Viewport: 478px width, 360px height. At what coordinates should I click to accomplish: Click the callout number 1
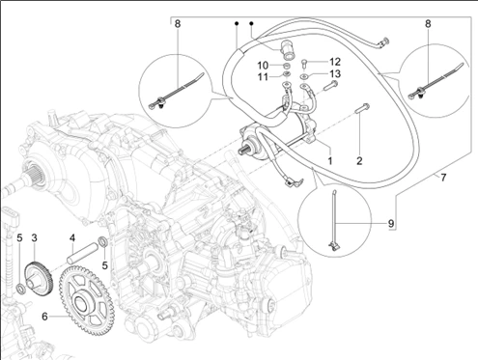pos(329,160)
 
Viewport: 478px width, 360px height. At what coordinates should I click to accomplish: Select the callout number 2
pos(359,160)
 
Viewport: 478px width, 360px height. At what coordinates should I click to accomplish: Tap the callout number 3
pos(34,238)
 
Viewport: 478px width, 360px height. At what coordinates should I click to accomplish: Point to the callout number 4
pos(72,238)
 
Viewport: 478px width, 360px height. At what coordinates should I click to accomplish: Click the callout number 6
pos(44,317)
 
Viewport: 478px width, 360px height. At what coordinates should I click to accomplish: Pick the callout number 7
pos(443,178)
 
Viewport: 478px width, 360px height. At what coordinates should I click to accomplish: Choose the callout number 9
pos(391,223)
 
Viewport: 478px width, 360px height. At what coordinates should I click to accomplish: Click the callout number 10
pos(263,66)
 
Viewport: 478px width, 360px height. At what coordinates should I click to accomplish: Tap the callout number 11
pos(263,77)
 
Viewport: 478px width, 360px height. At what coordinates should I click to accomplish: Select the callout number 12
pos(335,62)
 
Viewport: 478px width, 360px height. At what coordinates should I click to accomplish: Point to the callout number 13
pos(335,73)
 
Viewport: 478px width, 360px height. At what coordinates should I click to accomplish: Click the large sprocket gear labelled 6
pos(87,302)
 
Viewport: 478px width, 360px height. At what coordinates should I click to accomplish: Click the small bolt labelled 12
pos(304,63)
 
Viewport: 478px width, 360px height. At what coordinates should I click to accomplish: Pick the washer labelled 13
pos(304,76)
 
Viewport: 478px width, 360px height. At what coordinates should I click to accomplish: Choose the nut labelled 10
pos(286,67)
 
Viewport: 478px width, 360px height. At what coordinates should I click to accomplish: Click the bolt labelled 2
pos(362,108)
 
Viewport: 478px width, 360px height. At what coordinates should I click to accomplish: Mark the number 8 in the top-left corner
pos(178,24)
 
